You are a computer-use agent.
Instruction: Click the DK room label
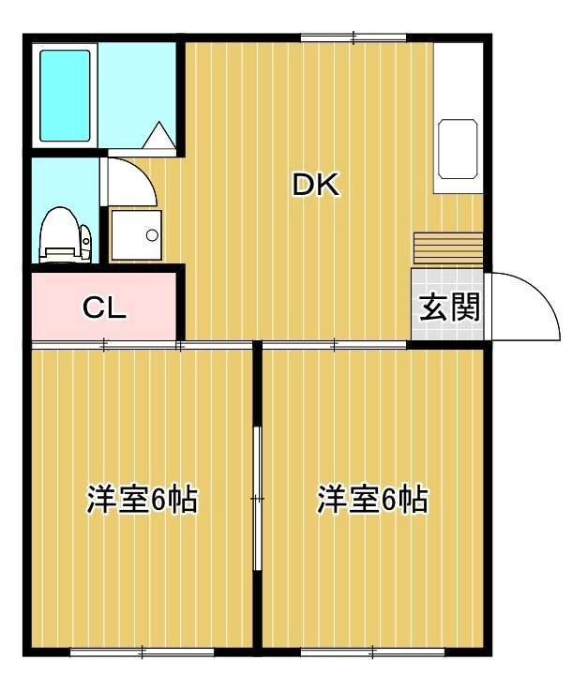[316, 185]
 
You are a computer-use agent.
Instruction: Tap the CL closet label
[105, 308]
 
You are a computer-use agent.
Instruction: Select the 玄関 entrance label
[448, 307]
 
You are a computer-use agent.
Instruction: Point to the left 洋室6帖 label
[142, 499]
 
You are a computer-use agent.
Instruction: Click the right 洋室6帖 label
[372, 499]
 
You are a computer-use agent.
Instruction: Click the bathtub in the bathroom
[65, 96]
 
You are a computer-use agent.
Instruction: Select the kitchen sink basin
[458, 149]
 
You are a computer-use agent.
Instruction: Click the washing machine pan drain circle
[152, 235]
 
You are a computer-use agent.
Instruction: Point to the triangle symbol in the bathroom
[158, 135]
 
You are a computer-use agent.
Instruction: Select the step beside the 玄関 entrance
[448, 248]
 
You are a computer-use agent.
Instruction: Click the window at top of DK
[354, 38]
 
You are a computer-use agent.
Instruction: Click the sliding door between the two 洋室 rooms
[258, 499]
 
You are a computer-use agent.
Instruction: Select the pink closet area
[104, 306]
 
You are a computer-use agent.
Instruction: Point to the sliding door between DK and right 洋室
[335, 345]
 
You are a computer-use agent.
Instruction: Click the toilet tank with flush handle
[86, 242]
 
